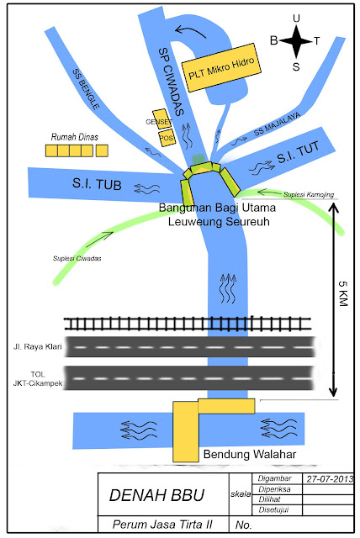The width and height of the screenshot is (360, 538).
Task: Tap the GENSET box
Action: (160, 119)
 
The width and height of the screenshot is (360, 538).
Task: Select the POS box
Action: (166, 138)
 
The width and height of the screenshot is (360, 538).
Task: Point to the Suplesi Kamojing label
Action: (308, 195)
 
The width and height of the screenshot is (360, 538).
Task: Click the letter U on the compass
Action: (295, 18)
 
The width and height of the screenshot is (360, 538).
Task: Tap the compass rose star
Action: (295, 40)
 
